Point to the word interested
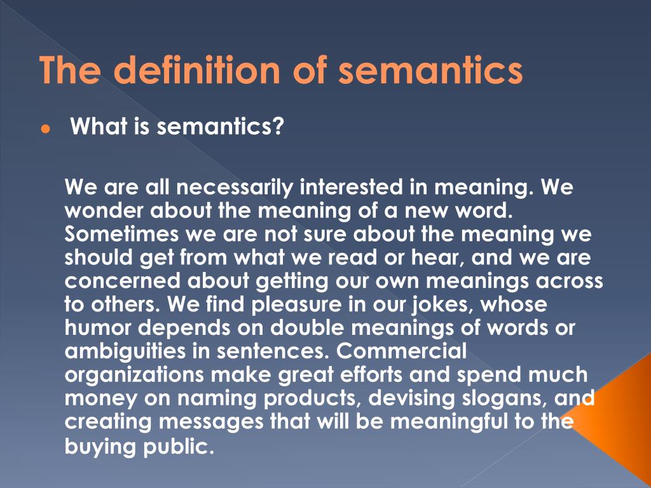click(351, 188)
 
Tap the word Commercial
click(403, 350)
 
